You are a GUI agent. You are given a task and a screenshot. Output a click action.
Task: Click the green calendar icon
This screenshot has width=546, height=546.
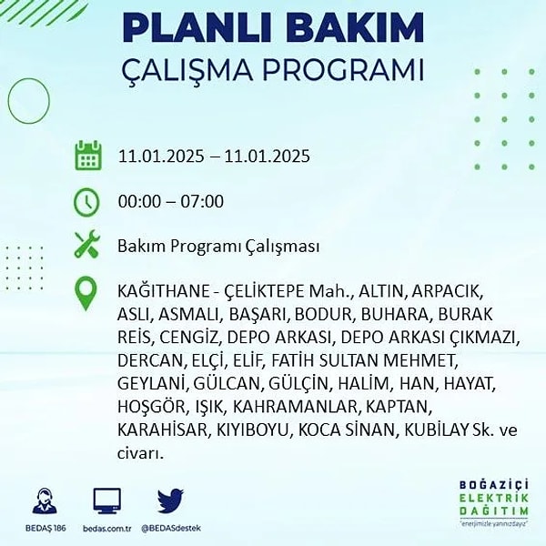tap(88, 156)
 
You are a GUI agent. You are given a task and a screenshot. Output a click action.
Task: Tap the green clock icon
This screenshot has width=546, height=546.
tap(86, 202)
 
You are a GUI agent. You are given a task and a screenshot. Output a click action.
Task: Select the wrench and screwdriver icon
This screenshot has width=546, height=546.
tap(87, 245)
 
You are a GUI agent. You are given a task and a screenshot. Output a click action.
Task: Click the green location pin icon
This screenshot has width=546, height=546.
tap(86, 293)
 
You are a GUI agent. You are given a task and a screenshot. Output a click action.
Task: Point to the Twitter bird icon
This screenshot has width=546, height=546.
tap(170, 501)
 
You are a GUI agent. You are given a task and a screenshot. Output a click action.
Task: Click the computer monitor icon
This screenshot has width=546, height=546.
tap(107, 500)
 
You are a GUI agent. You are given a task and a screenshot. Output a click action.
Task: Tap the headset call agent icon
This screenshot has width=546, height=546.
tap(45, 501)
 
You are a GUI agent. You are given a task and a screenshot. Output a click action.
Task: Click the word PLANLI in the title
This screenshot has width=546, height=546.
tap(198, 27)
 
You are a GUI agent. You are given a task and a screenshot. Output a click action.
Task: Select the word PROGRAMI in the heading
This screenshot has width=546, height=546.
tap(343, 70)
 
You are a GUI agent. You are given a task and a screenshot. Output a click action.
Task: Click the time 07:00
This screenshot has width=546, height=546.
tap(202, 202)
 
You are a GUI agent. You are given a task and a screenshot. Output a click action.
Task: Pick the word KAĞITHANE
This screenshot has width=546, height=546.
tap(163, 291)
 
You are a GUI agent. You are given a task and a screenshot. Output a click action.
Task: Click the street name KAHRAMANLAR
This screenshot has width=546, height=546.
tap(295, 407)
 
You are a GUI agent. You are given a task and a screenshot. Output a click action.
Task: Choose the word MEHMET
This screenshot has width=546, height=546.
tap(421, 360)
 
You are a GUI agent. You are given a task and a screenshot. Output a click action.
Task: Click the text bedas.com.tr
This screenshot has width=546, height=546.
tap(107, 528)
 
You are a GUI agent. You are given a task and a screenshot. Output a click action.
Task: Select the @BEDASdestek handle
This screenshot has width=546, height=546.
tap(171, 528)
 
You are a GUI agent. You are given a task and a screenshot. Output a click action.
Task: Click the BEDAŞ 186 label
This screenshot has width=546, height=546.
tap(45, 528)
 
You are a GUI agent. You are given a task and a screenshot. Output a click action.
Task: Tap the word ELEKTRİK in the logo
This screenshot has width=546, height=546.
tap(494, 498)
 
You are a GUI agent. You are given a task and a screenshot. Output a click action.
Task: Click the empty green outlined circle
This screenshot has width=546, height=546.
tap(8, 101)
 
